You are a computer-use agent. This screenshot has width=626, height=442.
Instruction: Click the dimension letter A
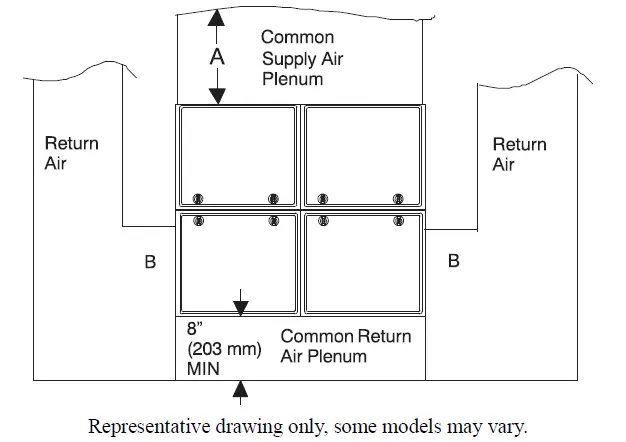click(x=217, y=57)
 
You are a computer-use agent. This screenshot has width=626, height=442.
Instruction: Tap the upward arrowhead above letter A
click(x=216, y=18)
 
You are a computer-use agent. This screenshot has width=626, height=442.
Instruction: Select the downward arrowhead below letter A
click(x=217, y=96)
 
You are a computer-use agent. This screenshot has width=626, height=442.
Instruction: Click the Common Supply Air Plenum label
click(x=302, y=58)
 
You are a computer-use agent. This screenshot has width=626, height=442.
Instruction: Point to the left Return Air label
click(x=71, y=153)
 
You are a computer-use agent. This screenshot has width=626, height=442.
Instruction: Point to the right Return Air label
click(x=519, y=154)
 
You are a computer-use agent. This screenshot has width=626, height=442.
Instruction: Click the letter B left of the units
click(x=150, y=262)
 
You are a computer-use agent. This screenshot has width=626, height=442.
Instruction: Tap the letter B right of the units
click(x=454, y=261)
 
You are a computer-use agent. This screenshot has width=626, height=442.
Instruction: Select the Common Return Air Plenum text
click(x=346, y=346)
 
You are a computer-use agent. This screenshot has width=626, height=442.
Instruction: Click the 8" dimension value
click(x=194, y=329)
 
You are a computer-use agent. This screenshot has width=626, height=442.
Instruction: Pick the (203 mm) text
click(x=224, y=349)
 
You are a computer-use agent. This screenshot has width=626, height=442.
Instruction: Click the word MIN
click(x=203, y=369)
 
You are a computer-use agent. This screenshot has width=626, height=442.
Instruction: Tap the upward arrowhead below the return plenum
click(x=240, y=388)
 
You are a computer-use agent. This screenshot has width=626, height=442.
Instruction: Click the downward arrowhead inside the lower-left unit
click(x=240, y=308)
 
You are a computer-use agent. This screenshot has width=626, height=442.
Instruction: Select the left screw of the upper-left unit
click(x=198, y=198)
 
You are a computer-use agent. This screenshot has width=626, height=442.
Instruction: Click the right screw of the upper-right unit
click(x=398, y=198)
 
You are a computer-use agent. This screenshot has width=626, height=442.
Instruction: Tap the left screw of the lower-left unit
click(x=198, y=220)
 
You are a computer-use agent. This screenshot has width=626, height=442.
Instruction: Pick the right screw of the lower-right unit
click(x=398, y=220)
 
